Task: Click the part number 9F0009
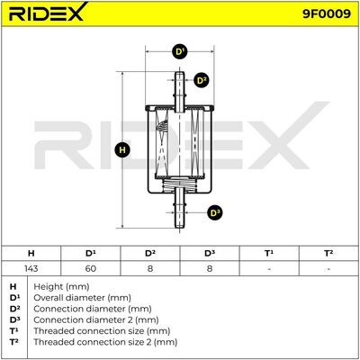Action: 327,13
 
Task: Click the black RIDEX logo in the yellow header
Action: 48,12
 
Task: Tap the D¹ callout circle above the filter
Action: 180,52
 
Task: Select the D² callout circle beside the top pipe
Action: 201,80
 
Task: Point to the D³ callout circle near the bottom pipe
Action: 215,213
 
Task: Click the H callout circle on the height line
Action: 122,149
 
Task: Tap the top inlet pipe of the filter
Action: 179,92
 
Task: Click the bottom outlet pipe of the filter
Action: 179,209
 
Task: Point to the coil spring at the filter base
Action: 179,184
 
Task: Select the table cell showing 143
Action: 31,268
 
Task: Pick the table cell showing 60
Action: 90,268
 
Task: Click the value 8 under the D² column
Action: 150,268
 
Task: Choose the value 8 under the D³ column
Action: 210,268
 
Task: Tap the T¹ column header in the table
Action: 269,254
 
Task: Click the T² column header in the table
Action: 328,254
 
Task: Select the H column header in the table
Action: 31,254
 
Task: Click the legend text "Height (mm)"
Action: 61,287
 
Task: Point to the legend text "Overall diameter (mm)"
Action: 82,298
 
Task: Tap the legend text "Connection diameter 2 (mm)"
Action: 96,320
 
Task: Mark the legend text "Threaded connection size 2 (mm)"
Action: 105,342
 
